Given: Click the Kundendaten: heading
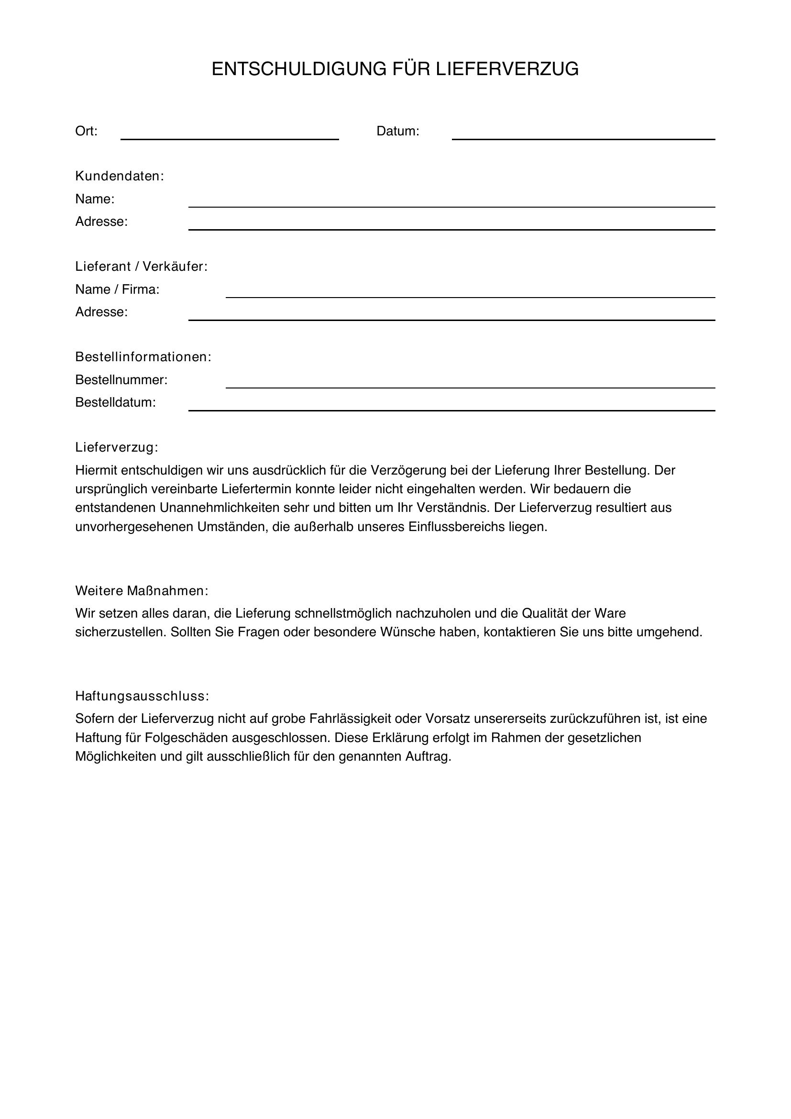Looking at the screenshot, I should pos(120,177).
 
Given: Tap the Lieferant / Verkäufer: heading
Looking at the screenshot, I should pos(141,266).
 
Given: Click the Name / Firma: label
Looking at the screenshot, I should pos(117,289).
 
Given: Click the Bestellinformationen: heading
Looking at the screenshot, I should pos(143,357).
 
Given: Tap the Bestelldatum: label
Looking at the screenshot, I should pos(115,402).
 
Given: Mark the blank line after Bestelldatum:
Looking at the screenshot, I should pos(451,409).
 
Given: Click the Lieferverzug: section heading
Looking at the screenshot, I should pos(117,447).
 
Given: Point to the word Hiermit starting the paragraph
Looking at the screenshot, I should pos(96,470).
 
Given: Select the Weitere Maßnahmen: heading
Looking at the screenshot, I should pos(142,591).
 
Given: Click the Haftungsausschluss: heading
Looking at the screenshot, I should pos(142,697).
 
